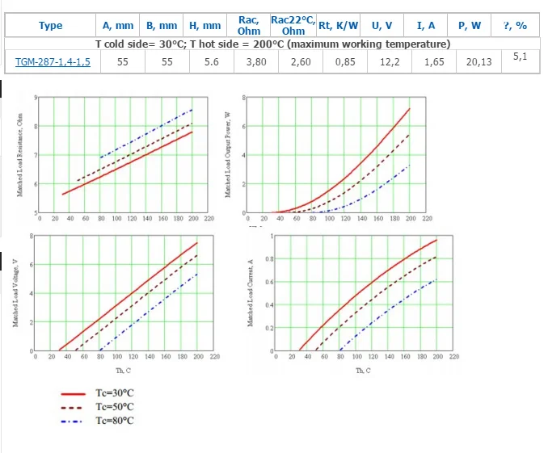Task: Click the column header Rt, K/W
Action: point(338,25)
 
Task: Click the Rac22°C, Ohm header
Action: point(293,25)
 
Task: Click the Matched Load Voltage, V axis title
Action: point(16,294)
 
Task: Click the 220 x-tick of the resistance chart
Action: point(208,219)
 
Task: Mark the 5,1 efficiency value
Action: point(520,57)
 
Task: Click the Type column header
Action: point(50,26)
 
